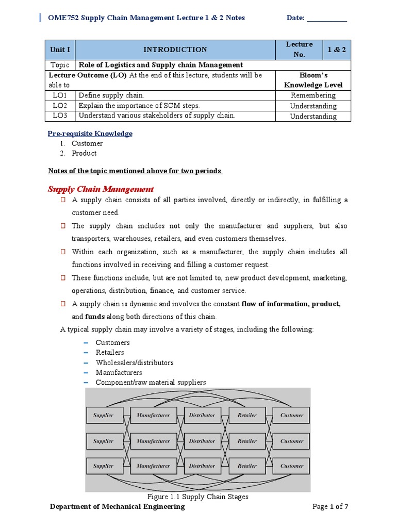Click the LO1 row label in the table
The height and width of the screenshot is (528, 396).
60,95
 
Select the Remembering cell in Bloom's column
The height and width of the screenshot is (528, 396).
313,95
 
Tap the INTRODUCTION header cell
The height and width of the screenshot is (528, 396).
175,49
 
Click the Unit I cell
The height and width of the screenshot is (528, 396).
60,49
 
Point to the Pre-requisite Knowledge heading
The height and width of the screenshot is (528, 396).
90,134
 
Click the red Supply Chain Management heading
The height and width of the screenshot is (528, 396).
101,189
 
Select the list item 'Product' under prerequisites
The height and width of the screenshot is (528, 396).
84,153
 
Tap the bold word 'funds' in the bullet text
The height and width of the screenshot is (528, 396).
94,317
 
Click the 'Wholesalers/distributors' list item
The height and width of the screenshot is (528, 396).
135,362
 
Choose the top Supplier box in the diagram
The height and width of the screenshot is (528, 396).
103,415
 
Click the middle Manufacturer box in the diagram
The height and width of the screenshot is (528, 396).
153,441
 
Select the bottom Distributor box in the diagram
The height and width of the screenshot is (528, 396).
202,466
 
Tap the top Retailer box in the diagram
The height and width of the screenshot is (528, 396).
247,415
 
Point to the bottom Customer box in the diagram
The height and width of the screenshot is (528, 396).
292,466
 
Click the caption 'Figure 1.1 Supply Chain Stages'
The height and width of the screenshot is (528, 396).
197,497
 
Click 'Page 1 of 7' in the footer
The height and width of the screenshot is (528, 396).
331,507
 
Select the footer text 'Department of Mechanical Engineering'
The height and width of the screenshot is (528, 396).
117,507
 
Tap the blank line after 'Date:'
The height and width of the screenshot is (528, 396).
327,18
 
